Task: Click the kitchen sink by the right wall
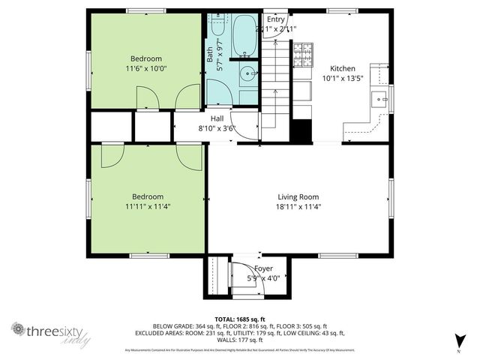[x=382, y=95]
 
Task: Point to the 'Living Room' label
[x=298, y=197]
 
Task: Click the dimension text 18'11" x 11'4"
[x=298, y=207]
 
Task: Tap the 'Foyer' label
[x=263, y=268]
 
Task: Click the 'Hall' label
[x=217, y=118]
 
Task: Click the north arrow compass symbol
[x=457, y=341]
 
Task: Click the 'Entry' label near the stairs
[x=276, y=19]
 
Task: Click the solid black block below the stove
[x=301, y=130]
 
